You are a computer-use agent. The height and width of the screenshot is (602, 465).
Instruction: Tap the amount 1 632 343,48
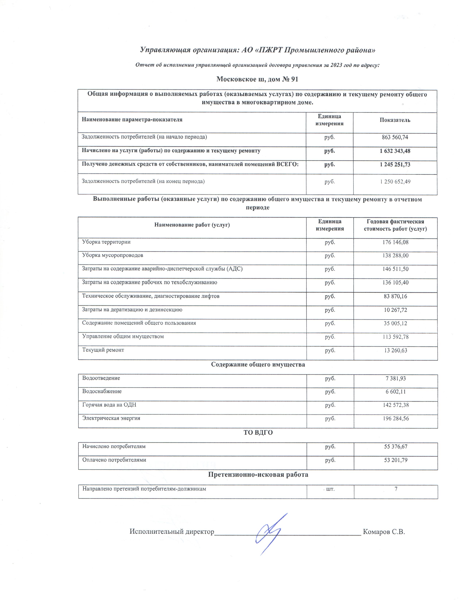pos(395,151)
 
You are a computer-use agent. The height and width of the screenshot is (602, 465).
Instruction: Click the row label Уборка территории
pos(106,242)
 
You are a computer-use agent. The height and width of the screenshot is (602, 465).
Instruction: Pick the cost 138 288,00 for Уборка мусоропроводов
pos(395,256)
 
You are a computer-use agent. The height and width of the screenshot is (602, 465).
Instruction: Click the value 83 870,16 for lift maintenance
pos(395,296)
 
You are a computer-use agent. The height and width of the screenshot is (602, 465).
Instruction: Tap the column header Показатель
pos(395,120)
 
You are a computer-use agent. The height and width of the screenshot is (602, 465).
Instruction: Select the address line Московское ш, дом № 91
pos(257,79)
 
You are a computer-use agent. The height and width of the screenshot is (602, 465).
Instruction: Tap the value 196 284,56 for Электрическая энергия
pos(395,418)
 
